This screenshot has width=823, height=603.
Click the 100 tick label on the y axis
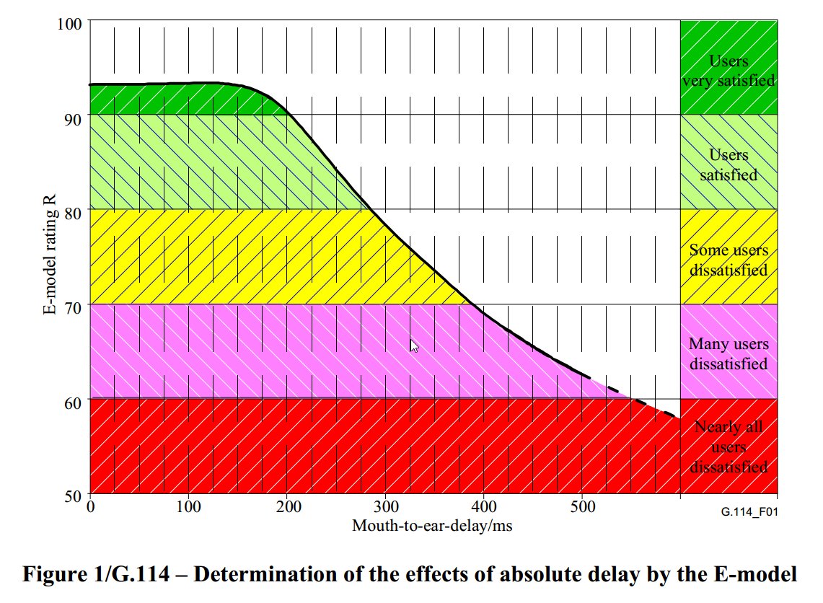coord(71,22)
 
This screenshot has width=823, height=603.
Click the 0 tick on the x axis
coord(90,507)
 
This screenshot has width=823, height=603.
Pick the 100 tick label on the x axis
coord(189,507)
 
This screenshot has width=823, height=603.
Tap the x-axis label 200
coord(288,507)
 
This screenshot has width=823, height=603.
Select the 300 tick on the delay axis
coord(386,507)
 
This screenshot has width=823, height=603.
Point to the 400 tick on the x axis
coord(485,507)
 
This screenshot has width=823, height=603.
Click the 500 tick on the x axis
coord(583,507)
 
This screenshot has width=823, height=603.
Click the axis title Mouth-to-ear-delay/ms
coord(432,526)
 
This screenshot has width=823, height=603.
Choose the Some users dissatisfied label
coord(729,260)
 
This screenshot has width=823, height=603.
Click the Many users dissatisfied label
coord(729,353)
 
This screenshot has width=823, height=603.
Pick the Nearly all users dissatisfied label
coord(729,446)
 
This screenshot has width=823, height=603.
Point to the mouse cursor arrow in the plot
coord(413,345)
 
